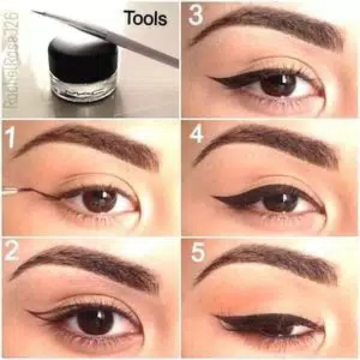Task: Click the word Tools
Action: (145, 18)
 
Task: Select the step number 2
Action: (12, 253)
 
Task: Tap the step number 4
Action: (197, 134)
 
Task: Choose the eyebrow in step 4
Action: (270, 142)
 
